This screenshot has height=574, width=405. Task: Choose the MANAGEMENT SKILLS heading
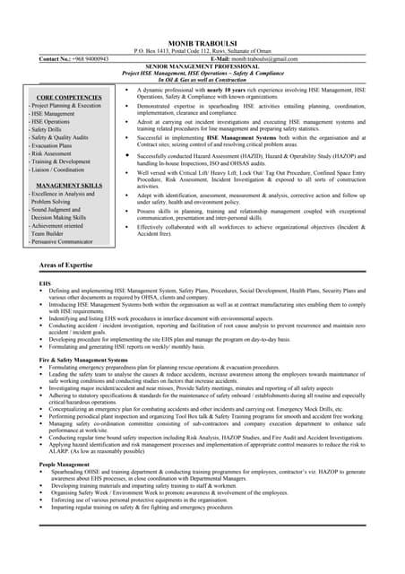[x=68, y=185]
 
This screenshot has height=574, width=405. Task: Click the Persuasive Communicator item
[x=60, y=241]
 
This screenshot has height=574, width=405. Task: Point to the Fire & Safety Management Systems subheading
[x=90, y=360]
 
